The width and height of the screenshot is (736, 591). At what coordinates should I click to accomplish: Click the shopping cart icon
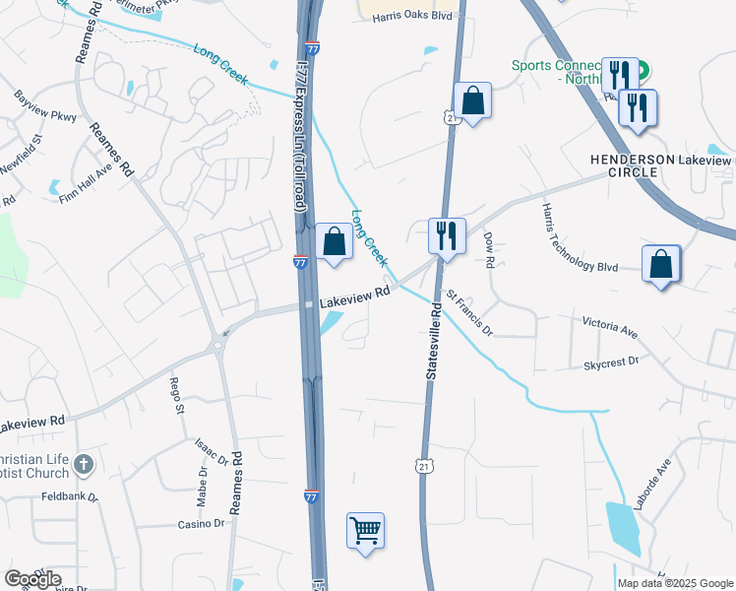[365, 531]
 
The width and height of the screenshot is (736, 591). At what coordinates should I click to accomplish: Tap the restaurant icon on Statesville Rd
[447, 235]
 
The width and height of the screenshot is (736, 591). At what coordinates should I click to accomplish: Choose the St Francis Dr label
[470, 311]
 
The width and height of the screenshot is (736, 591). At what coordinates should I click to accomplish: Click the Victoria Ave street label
[610, 327]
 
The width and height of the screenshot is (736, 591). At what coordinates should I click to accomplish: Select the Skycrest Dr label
[611, 362]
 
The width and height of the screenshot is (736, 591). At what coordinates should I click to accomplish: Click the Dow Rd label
[487, 250]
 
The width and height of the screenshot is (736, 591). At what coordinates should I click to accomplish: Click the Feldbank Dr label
[71, 498]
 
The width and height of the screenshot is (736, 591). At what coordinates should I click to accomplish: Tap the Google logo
[32, 578]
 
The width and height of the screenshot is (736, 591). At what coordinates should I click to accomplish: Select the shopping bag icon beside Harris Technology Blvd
[661, 264]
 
